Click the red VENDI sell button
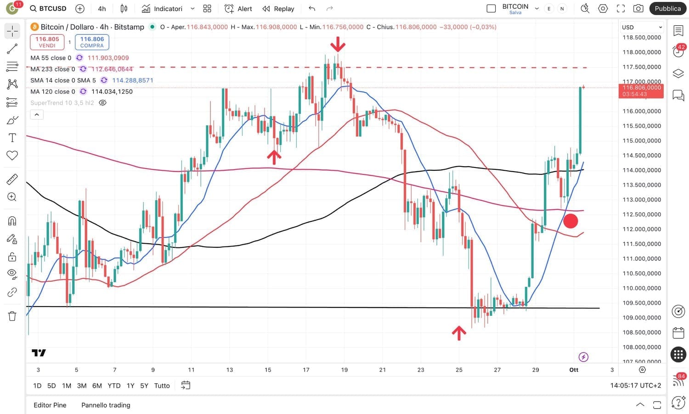click(47, 42)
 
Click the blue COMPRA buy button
click(92, 42)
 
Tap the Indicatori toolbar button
click(163, 9)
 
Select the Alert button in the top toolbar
click(238, 9)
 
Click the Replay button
click(278, 9)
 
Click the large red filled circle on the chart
click(570, 221)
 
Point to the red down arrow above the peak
click(338, 45)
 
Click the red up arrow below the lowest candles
click(459, 333)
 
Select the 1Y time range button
click(130, 386)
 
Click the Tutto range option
click(162, 386)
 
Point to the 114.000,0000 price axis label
click(642, 170)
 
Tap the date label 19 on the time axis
click(344, 370)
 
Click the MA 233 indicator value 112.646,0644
click(112, 69)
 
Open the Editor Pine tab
click(50, 405)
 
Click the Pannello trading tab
click(106, 405)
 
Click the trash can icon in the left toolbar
click(12, 316)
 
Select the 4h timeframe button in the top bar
click(102, 9)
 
